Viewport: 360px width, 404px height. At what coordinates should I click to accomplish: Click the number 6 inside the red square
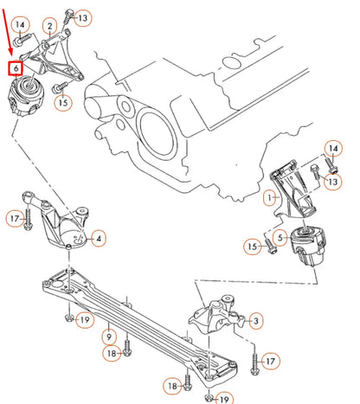coord(16,68)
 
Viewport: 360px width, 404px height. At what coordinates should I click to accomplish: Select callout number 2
coord(50,27)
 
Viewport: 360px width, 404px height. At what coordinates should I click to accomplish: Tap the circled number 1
coord(270,198)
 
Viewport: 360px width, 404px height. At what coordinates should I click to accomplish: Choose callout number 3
coord(256,320)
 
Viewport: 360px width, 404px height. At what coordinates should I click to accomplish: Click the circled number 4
coord(99,239)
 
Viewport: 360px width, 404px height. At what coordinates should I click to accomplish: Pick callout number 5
coord(280,238)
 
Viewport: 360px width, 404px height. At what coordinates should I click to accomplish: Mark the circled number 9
coord(109,337)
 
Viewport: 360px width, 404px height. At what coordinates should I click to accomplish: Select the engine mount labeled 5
coord(308,245)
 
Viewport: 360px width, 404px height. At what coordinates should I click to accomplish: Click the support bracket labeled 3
coord(217,315)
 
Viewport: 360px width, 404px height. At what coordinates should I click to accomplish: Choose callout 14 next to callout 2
coord(20,25)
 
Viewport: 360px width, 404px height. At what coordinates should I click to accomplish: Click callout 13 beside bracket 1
coord(333,182)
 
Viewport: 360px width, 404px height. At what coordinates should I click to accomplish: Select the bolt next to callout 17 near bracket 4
coord(28,219)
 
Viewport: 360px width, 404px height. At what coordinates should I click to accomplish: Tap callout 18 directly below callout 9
coord(112,354)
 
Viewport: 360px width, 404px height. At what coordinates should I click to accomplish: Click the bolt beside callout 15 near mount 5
coord(270,247)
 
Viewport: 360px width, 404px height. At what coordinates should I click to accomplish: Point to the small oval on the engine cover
coord(230,62)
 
